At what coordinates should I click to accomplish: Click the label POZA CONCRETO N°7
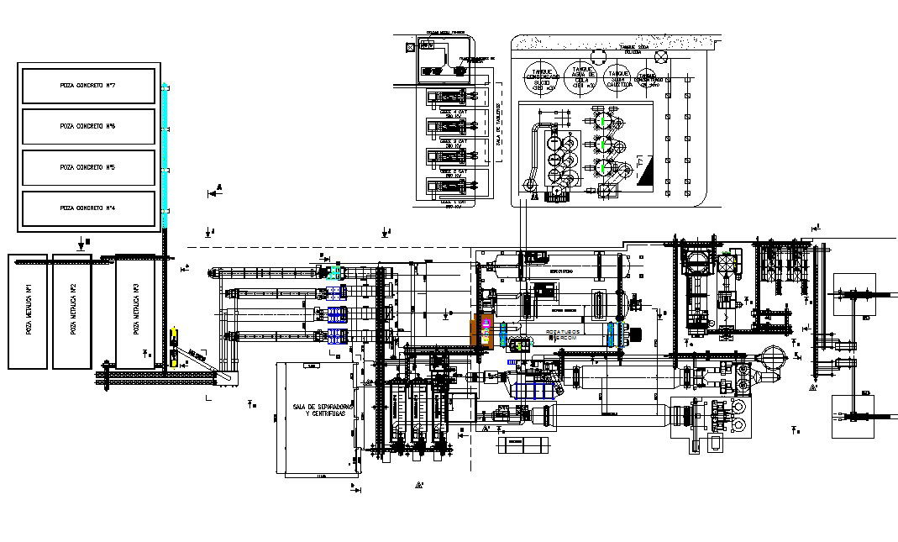click(x=87, y=86)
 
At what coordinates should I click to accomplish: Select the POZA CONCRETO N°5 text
click(x=87, y=167)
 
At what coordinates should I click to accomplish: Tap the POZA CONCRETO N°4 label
click(x=87, y=208)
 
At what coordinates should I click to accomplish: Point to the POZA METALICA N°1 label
click(x=28, y=299)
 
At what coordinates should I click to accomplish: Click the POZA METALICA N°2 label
click(x=73, y=299)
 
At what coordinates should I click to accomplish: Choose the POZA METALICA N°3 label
click(x=135, y=299)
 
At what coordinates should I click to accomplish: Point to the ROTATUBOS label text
click(x=564, y=332)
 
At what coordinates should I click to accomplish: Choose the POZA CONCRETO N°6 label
click(x=87, y=126)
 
